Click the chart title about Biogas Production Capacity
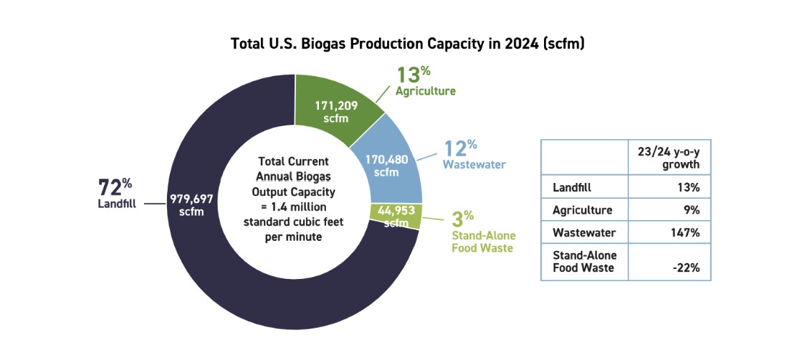408,43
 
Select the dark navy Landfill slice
237,287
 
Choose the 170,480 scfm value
392,166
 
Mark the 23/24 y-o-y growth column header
669,157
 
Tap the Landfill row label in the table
570,188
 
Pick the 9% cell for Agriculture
692,211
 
